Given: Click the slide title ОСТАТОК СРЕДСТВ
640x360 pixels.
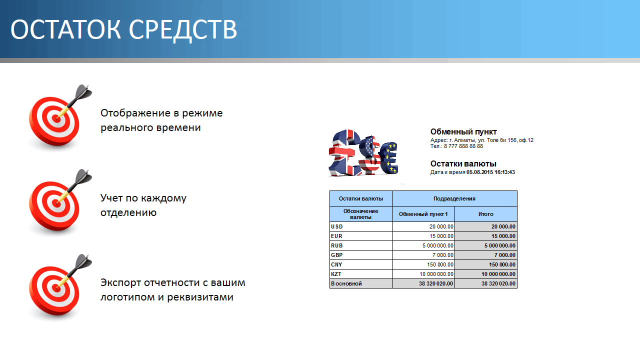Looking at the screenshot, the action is (123, 29).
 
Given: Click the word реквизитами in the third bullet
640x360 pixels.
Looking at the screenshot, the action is (200, 297).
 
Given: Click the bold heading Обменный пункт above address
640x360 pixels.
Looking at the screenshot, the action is (463, 131).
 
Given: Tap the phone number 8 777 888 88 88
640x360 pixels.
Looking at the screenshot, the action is (463, 146).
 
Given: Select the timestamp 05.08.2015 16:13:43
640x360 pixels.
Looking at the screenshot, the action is (490, 172).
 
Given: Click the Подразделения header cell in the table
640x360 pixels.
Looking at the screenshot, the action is (454, 198).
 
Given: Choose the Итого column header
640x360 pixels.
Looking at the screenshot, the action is (485, 214).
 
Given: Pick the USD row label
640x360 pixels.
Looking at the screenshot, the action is (337, 226).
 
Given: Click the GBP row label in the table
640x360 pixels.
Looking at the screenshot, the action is (337, 255).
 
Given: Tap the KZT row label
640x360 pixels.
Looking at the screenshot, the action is (336, 274).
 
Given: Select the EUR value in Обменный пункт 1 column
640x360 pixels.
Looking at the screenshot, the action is (441, 236).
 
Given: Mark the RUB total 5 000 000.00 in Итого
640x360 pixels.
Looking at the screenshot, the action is (499, 245).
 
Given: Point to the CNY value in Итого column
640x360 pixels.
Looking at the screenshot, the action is (502, 264).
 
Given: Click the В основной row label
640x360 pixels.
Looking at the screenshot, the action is (346, 283).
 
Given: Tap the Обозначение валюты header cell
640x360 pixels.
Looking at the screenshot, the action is (361, 214).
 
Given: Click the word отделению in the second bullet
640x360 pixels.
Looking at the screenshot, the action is (128, 213).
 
